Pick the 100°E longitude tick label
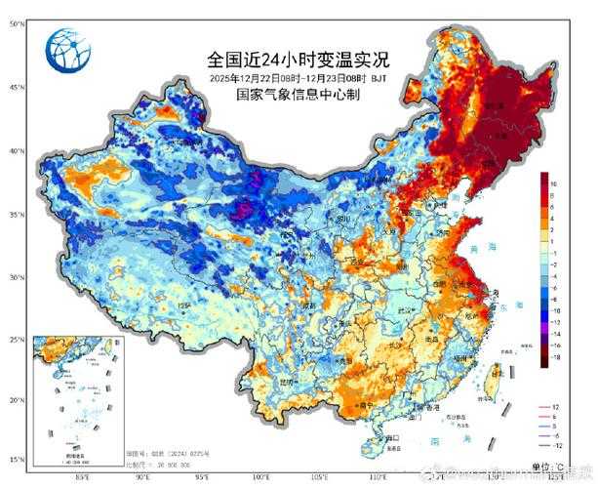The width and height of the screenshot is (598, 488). point(261,477)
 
